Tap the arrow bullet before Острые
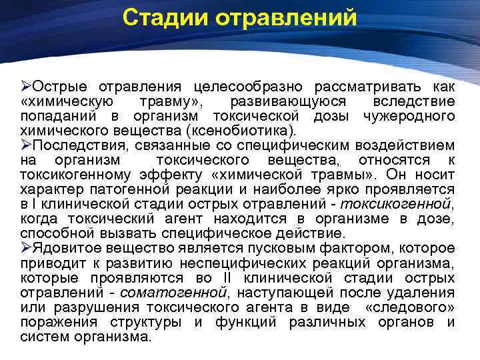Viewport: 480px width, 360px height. pyautogui.click(x=26, y=87)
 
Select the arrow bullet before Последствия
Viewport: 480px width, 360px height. pyautogui.click(x=26, y=145)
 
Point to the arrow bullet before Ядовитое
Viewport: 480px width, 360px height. pyautogui.click(x=26, y=248)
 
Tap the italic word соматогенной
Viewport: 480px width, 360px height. pyautogui.click(x=179, y=293)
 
